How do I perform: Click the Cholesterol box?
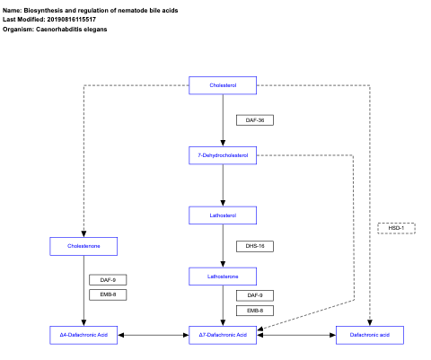tap(223, 85)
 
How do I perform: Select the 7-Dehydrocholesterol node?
tap(223, 155)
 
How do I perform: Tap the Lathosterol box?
tap(223, 215)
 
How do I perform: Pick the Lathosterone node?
tap(223, 277)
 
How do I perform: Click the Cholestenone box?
tap(84, 245)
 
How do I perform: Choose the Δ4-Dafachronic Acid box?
tap(84, 335)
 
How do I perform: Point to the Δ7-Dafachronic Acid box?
tap(223, 335)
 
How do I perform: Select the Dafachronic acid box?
tap(369, 335)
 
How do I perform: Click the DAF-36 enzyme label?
tap(254, 119)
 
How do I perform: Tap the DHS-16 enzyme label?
tap(254, 246)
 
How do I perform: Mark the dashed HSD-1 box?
tap(396, 228)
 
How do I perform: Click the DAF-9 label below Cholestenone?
tap(108, 280)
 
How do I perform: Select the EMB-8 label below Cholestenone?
tap(108, 294)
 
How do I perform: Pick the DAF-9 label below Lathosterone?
tap(254, 295)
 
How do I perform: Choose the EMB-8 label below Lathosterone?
tap(254, 310)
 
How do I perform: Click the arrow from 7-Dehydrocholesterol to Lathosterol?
tap(223, 185)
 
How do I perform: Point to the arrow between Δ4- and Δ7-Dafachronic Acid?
tap(153, 335)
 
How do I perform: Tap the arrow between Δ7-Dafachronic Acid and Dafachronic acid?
tap(296, 335)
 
